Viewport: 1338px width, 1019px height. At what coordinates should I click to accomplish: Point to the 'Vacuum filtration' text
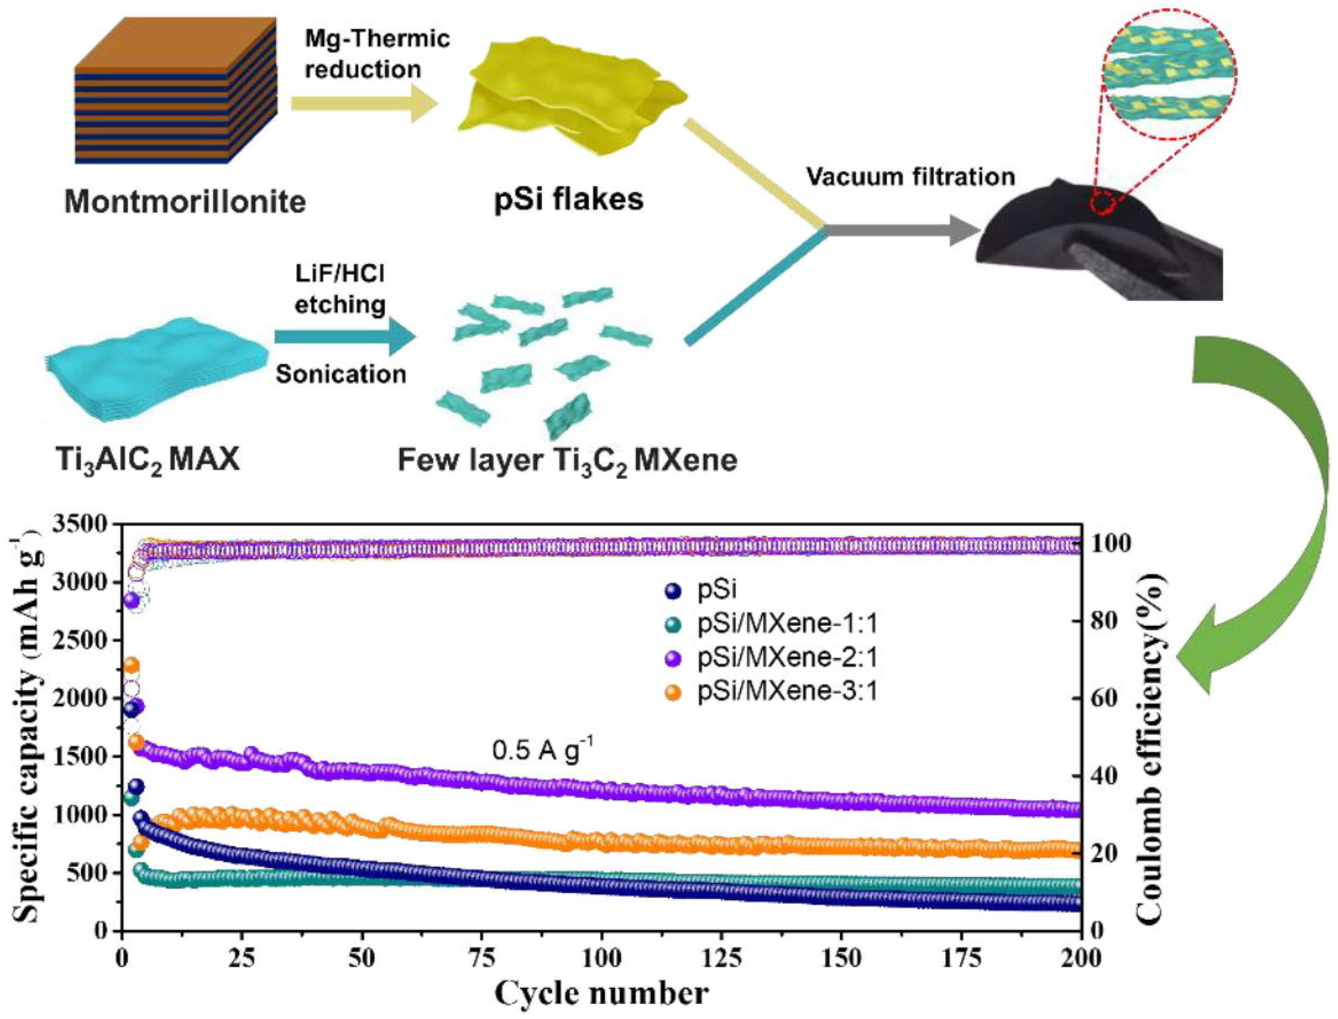coord(910,177)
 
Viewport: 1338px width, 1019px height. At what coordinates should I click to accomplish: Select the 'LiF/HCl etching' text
coord(339,290)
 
